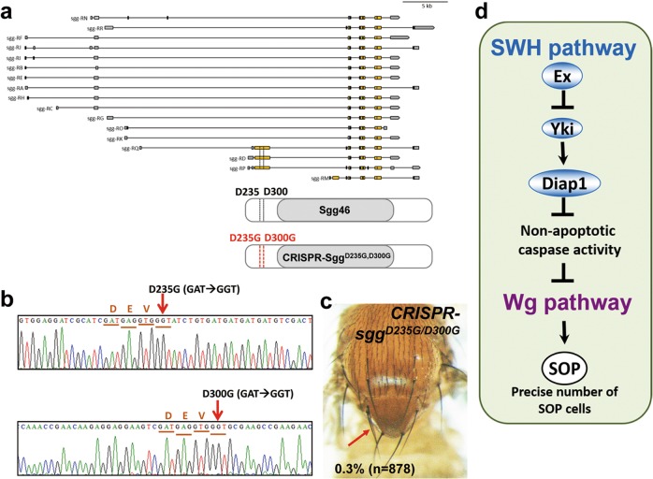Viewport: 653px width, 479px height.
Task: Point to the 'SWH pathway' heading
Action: tap(558, 43)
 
